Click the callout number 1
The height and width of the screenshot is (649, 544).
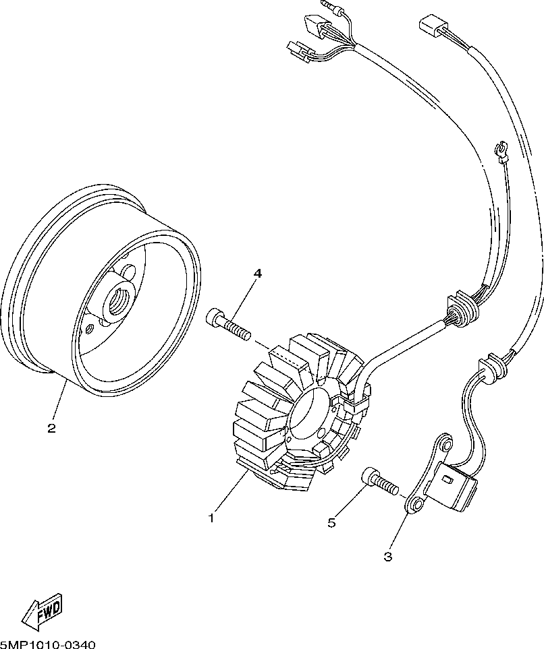[211, 518]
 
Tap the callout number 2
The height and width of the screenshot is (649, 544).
[51, 428]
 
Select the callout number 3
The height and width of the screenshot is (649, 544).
[387, 557]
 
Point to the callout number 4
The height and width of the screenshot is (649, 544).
[257, 273]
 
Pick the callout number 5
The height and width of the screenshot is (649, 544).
[331, 522]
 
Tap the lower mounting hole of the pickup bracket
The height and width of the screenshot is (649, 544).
[415, 505]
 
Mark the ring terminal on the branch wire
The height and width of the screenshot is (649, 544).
[501, 150]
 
